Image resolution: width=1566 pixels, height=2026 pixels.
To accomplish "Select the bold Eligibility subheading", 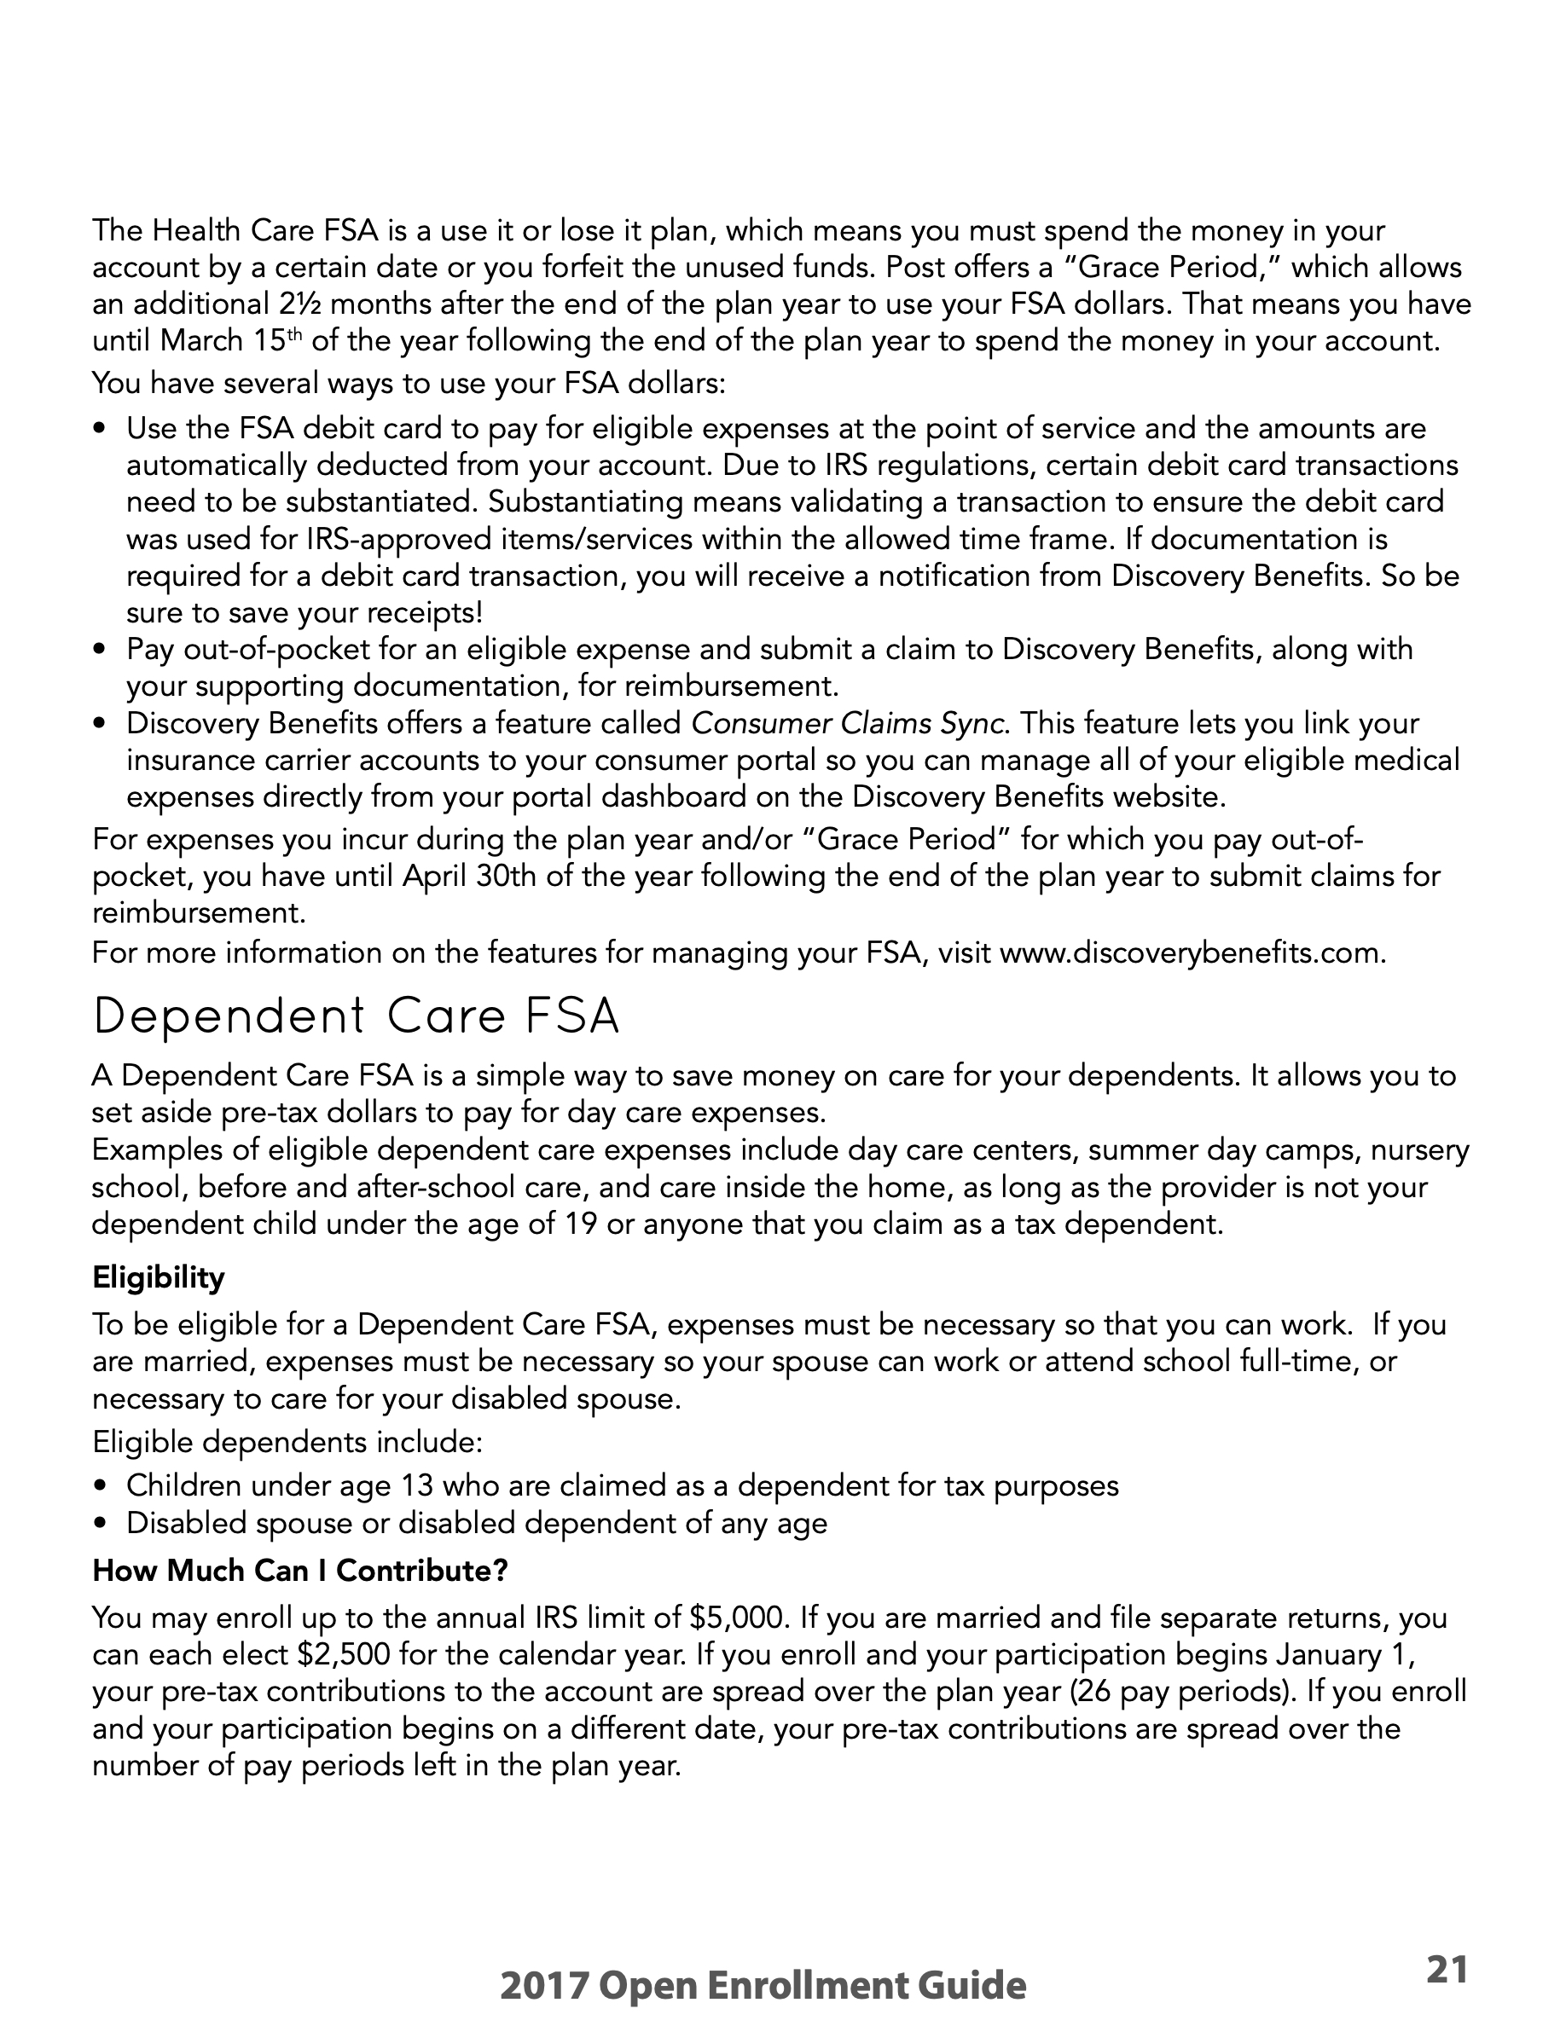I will click(x=158, y=1278).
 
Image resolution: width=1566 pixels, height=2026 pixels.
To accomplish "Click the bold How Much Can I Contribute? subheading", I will click(x=299, y=1571).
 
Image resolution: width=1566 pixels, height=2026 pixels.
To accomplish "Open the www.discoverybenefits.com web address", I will click(x=1192, y=952).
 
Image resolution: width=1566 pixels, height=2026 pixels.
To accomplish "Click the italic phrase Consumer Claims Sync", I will click(x=848, y=722).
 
